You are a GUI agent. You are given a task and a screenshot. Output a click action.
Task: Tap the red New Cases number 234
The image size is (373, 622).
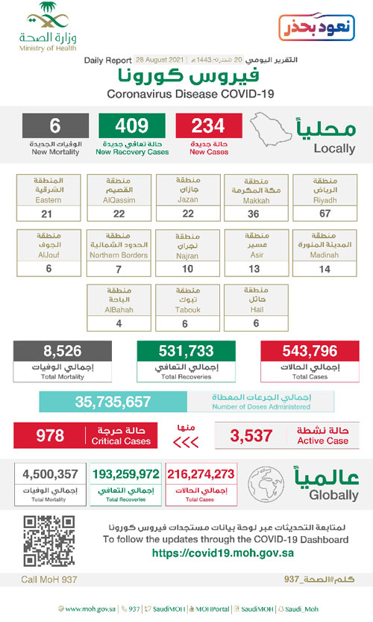click(x=209, y=125)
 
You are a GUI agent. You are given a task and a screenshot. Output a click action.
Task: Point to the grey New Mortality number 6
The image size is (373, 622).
click(x=55, y=125)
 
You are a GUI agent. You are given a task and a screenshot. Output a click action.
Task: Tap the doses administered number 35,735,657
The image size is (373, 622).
click(x=113, y=401)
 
